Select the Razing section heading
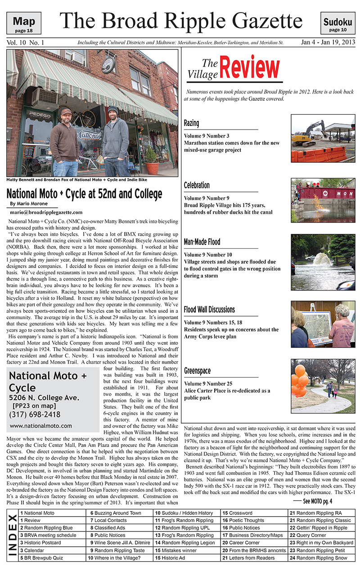coord(191,123)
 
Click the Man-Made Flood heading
coord(202,242)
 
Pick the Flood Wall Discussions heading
coord(209,309)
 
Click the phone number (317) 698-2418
coord(35,414)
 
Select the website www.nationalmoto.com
coord(40,425)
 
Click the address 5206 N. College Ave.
coord(44,397)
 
